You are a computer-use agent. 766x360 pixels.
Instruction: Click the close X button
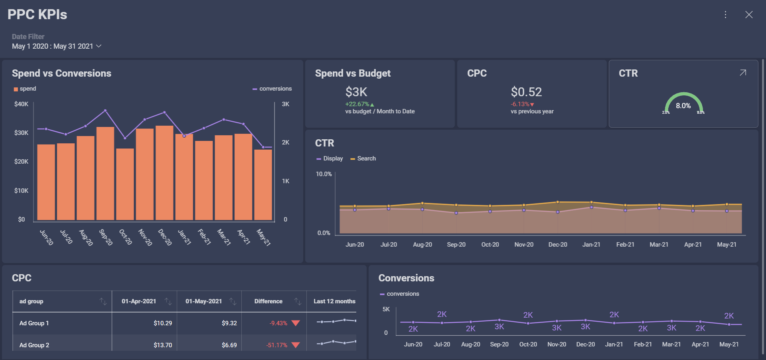click(749, 15)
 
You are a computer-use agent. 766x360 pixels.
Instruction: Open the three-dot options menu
click(725, 15)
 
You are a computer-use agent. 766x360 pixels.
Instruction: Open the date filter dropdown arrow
click(99, 46)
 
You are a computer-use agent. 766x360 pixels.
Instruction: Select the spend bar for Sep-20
click(105, 174)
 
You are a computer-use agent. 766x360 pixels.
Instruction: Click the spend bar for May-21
click(263, 185)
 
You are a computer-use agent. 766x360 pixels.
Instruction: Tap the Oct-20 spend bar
click(125, 184)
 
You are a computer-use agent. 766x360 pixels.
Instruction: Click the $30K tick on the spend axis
click(21, 133)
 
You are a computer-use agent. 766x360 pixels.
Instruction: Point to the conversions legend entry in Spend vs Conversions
click(272, 89)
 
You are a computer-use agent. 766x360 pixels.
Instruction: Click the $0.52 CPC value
click(526, 92)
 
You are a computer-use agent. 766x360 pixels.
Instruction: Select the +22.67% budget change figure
click(357, 104)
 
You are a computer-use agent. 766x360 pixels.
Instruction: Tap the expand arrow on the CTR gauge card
click(743, 73)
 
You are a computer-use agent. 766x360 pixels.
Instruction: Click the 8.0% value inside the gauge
click(683, 106)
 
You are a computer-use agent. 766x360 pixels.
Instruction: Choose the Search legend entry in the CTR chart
click(363, 158)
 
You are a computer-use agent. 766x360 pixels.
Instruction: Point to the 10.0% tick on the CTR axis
click(324, 174)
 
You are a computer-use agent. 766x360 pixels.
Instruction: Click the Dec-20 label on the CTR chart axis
click(558, 245)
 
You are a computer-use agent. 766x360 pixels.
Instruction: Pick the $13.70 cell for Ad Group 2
click(163, 345)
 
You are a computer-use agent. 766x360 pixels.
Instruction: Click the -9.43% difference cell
click(278, 323)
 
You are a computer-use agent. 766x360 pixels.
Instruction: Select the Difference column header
click(268, 301)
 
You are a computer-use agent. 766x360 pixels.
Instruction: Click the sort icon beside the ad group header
click(103, 301)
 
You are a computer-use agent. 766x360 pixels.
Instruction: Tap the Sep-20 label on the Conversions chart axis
click(499, 344)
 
